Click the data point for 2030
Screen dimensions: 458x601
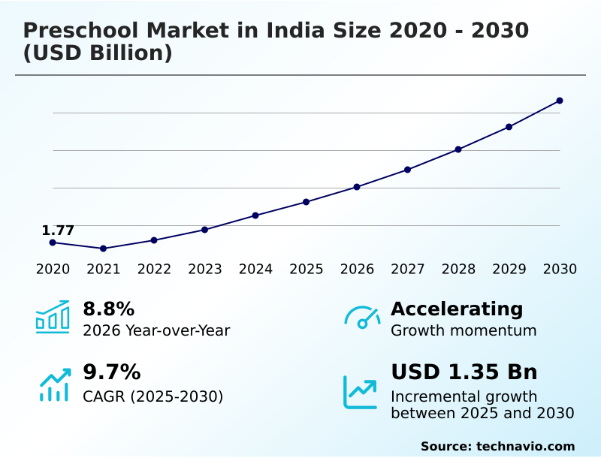[560, 101]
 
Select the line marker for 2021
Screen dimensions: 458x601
[103, 249]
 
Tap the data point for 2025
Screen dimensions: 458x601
[307, 202]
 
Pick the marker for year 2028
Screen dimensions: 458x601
[458, 149]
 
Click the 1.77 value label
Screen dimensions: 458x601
[58, 231]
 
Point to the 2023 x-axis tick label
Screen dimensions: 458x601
[205, 270]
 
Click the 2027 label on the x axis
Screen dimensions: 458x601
[407, 270]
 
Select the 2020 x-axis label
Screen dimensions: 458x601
[53, 270]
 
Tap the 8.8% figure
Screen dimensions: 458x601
[108, 309]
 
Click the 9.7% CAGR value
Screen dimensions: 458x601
[111, 372]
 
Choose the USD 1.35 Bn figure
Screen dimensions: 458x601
[464, 372]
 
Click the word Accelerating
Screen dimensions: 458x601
[457, 309]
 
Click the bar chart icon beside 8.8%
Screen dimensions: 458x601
[53, 318]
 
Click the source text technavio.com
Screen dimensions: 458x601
[525, 446]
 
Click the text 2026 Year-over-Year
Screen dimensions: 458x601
[156, 331]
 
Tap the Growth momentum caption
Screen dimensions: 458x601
[464, 331]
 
